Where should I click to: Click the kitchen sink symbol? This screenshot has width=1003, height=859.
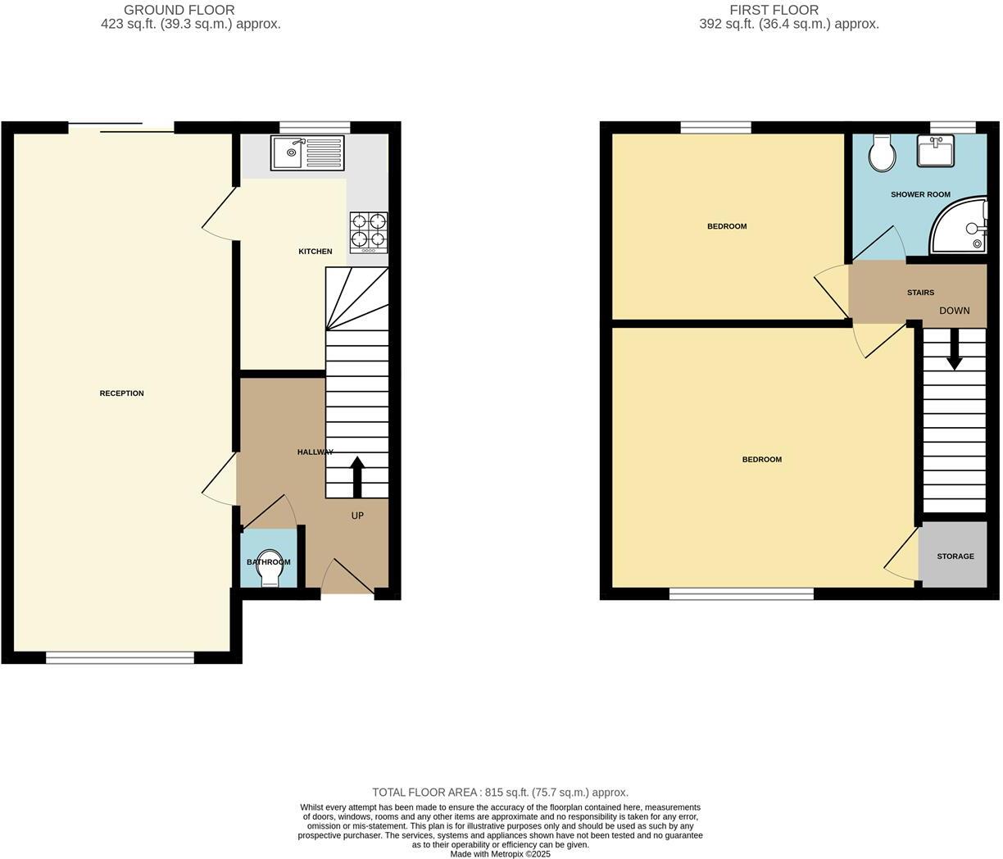point(307,152)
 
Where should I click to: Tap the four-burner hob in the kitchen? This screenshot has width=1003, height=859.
point(369,231)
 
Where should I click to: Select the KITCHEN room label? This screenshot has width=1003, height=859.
point(315,252)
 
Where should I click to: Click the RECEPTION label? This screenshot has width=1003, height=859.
point(121,393)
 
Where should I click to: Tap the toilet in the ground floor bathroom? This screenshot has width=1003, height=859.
point(268,571)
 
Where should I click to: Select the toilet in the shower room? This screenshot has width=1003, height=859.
point(883,152)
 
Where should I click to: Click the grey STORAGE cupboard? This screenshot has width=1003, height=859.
point(955,556)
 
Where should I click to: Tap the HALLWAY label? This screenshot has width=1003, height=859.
point(315,452)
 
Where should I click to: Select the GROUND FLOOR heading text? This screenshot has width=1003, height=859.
point(179,10)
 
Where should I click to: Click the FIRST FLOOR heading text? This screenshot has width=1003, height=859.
point(774,10)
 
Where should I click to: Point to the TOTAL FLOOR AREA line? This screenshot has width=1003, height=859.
point(500,793)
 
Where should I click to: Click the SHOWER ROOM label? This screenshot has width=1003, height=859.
point(920,195)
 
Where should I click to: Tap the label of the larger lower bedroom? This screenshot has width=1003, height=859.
point(761,460)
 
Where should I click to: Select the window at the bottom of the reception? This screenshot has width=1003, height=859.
point(120,657)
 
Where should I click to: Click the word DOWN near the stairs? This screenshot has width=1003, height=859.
point(954,311)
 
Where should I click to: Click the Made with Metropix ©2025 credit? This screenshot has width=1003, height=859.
point(500,854)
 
